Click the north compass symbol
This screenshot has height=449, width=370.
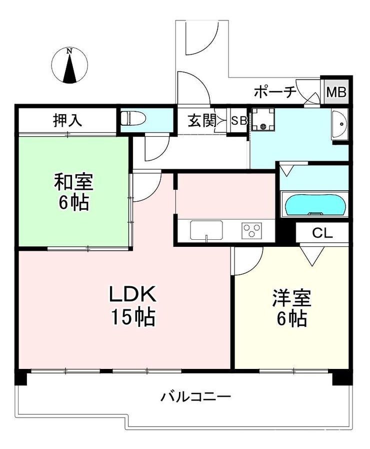click(x=69, y=66)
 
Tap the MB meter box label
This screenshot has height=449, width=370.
click(x=336, y=92)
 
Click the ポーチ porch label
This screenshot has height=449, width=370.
click(x=275, y=92)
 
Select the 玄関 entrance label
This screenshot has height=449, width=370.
click(x=201, y=121)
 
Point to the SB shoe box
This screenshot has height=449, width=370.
click(x=239, y=121)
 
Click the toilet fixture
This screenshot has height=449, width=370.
click(x=133, y=119)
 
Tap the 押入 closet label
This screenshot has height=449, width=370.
click(x=67, y=120)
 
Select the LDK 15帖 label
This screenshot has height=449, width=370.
click(x=133, y=305)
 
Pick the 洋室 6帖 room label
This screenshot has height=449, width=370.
click(x=291, y=308)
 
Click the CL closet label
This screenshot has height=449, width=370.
click(x=322, y=233)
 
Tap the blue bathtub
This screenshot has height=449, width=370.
click(x=314, y=204)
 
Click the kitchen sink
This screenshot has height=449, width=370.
click(x=206, y=230)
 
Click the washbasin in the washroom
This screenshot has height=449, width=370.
click(x=339, y=124)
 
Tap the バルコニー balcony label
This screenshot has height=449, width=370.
click(x=195, y=397)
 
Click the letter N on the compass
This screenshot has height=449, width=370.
click(x=69, y=51)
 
